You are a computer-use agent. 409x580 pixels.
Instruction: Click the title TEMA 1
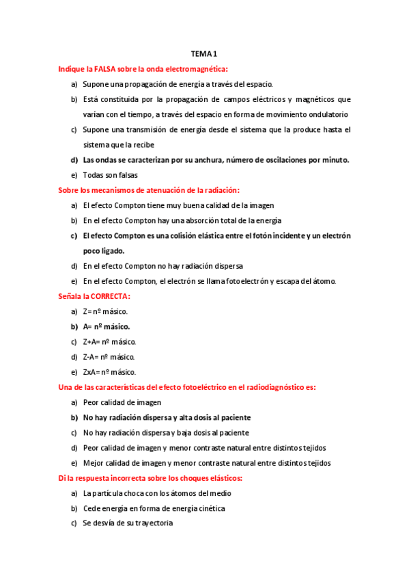[204, 54]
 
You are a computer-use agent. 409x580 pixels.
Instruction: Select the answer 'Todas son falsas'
[110, 174]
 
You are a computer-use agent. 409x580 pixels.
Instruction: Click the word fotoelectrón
[249, 281]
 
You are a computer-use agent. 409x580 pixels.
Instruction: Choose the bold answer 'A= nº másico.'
[107, 326]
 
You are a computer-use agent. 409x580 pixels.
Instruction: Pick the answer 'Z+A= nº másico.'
[110, 341]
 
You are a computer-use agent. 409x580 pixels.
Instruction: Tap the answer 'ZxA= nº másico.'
[109, 372]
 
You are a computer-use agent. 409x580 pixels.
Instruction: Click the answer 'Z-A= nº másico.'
[109, 357]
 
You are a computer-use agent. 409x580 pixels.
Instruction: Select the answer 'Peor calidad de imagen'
[122, 402]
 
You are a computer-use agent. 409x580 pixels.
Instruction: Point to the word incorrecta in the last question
[135, 478]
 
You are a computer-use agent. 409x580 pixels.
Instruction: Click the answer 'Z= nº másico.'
[105, 311]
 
